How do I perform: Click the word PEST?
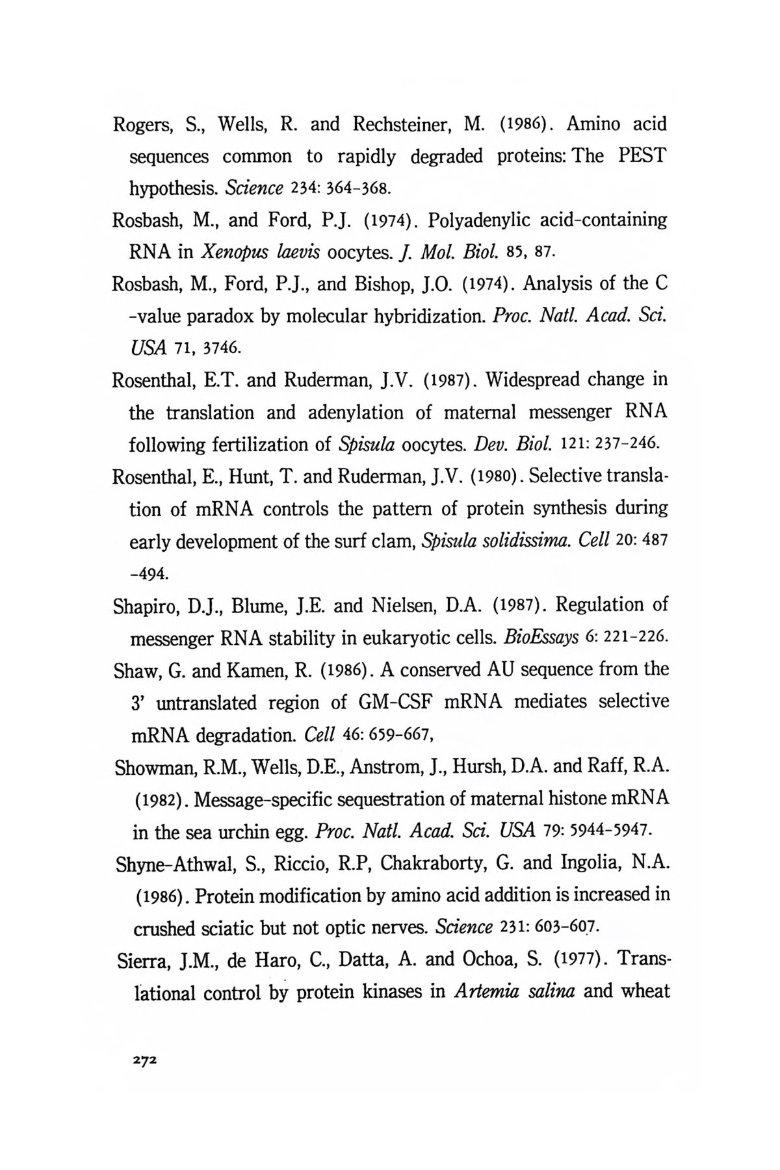click(x=641, y=157)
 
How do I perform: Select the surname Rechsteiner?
click(x=401, y=124)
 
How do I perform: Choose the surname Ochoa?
click(x=489, y=960)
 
